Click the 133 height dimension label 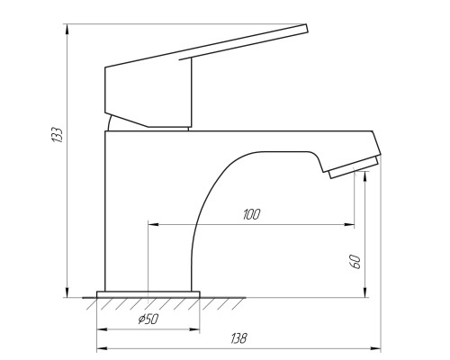(x=57, y=135)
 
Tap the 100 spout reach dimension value (x=251, y=214)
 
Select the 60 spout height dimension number (x=355, y=262)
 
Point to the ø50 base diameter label (x=148, y=319)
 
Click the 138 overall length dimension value (x=239, y=338)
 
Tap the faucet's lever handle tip (x=307, y=28)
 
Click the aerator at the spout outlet (x=354, y=167)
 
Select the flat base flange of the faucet (x=148, y=294)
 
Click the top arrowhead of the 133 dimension (x=67, y=29)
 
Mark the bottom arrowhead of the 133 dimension (x=67, y=292)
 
